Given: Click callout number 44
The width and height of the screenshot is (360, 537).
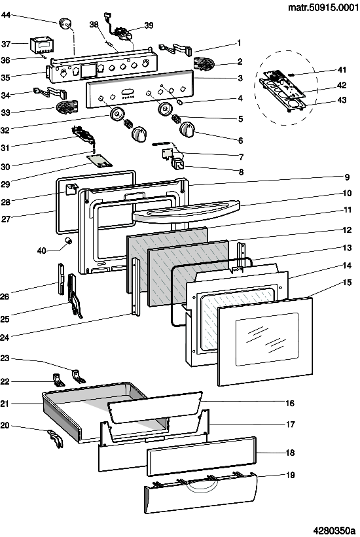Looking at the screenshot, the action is [x=6, y=15].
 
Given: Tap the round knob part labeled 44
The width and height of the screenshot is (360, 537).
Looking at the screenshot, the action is [x=65, y=24].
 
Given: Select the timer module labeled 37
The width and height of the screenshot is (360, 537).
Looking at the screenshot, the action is [x=41, y=46].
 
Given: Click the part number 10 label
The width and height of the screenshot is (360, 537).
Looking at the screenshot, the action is [x=347, y=193].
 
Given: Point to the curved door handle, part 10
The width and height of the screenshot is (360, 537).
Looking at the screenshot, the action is [x=185, y=213].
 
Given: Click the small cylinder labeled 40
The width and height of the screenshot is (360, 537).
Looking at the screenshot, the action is [x=68, y=241].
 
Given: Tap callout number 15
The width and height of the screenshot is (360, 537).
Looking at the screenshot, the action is [x=347, y=282].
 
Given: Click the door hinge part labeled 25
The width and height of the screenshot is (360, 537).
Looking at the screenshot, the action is [x=75, y=296].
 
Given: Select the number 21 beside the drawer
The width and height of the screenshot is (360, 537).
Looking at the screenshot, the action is [x=5, y=404].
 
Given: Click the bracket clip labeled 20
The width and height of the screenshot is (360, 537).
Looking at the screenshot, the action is [x=56, y=438].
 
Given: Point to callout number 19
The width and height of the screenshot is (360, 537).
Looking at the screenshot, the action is [x=290, y=475].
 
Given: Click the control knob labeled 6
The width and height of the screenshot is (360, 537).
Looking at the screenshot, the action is [x=188, y=130].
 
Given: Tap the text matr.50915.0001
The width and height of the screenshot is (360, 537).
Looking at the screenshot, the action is [x=323, y=7].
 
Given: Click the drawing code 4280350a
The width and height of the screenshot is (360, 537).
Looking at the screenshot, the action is [x=334, y=530].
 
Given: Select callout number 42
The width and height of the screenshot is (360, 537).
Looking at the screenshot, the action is [x=342, y=85].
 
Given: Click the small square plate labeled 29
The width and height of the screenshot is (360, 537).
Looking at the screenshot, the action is [x=99, y=160].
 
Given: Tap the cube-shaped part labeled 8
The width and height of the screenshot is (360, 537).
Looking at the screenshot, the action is [x=178, y=164].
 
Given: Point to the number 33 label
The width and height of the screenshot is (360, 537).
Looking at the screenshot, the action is [x=5, y=113].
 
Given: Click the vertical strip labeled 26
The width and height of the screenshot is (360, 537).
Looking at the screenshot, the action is [x=61, y=279].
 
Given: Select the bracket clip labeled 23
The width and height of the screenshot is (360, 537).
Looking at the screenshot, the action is [x=79, y=375].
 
